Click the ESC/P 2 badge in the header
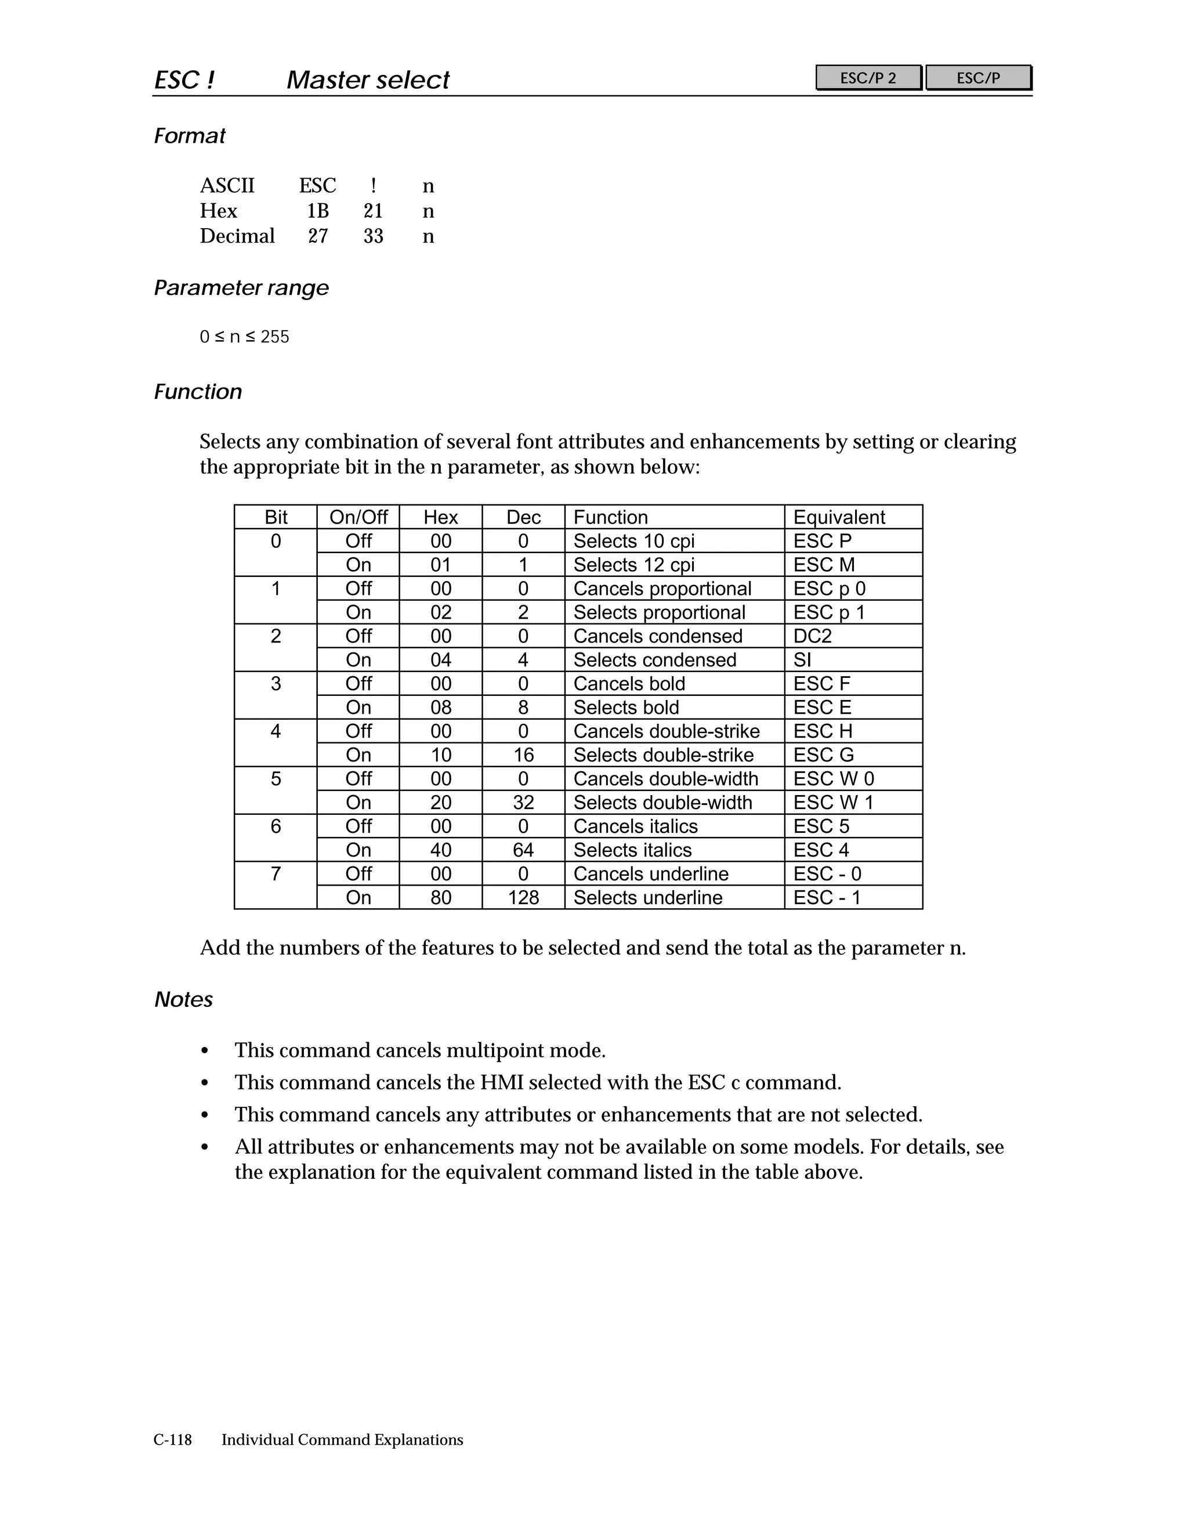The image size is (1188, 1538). tap(868, 77)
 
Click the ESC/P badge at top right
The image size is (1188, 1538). tap(977, 77)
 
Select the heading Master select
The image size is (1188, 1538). tap(367, 80)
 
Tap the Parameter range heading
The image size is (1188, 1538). tap(241, 288)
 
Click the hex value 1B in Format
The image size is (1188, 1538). tap(317, 211)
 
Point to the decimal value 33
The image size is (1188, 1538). tap(373, 236)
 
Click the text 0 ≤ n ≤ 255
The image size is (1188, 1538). tap(244, 337)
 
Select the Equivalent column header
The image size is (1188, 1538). tap(839, 517)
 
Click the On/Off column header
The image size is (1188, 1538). tap(358, 517)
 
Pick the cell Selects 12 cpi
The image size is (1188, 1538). tap(633, 565)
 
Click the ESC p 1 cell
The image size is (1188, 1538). tap(828, 612)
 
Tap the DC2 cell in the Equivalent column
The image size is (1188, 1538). tap(812, 636)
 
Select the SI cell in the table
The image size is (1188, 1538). tap(802, 660)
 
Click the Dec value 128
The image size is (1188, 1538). tap(523, 897)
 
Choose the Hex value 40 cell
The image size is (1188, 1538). tap(441, 850)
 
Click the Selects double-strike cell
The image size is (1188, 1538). tap(663, 755)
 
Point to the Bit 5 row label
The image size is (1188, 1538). tap(275, 779)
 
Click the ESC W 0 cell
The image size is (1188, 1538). tap(834, 779)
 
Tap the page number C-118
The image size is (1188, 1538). tap(172, 1439)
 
